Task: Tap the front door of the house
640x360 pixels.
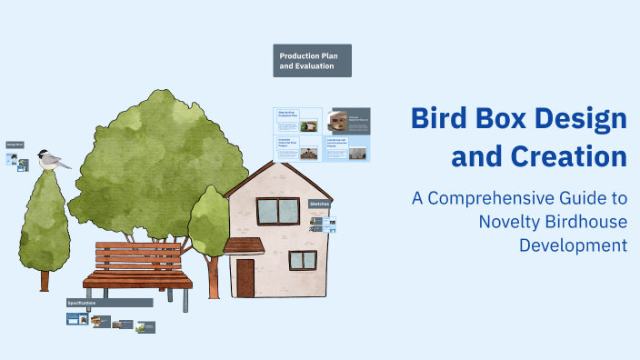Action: (245, 273)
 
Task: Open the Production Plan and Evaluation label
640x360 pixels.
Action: (312, 61)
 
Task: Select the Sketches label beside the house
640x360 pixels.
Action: (319, 205)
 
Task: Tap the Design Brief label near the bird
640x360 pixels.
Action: (15, 144)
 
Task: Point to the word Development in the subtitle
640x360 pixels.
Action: (573, 245)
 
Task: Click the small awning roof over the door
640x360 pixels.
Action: (243, 245)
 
